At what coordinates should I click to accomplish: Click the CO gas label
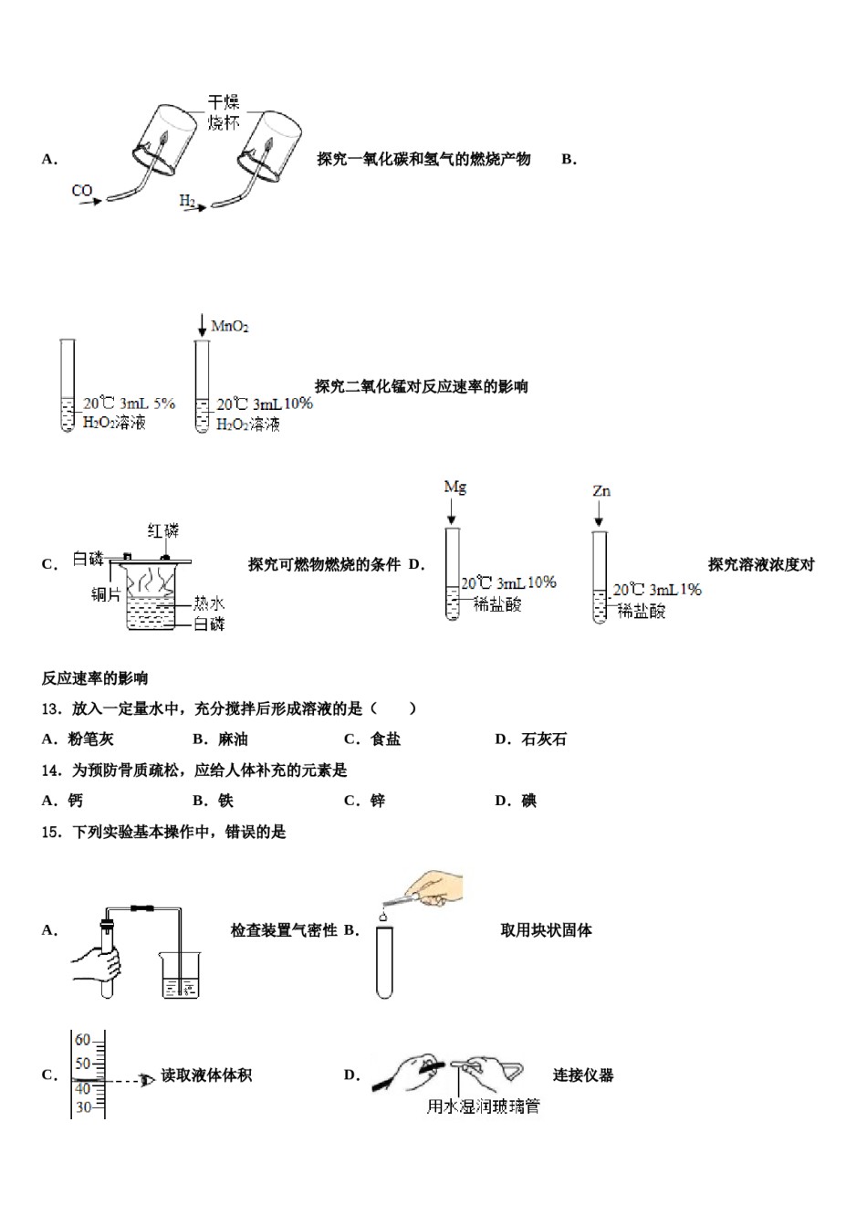pos(82,191)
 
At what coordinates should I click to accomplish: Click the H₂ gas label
pos(186,201)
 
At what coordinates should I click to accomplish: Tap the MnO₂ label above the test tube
pos(230,327)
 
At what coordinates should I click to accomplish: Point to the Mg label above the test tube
pos(454,487)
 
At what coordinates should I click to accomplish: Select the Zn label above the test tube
pos(601,491)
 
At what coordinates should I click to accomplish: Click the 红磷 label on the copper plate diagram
pos(163,530)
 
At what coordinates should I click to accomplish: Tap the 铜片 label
pos(106,594)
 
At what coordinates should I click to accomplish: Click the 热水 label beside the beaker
pos(208,603)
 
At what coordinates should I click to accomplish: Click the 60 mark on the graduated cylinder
pos(82,1040)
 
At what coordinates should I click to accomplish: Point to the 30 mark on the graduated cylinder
pos(82,1107)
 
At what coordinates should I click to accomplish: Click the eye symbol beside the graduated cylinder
pos(146,1082)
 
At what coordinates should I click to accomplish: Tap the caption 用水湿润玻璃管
pos(483,1106)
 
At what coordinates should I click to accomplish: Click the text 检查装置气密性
pos(284,930)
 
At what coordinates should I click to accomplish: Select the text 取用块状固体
pos(546,930)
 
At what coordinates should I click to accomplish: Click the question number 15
pos(51,832)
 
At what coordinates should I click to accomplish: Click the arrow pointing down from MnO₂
pos(202,326)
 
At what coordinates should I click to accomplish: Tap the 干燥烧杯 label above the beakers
pos(224,113)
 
